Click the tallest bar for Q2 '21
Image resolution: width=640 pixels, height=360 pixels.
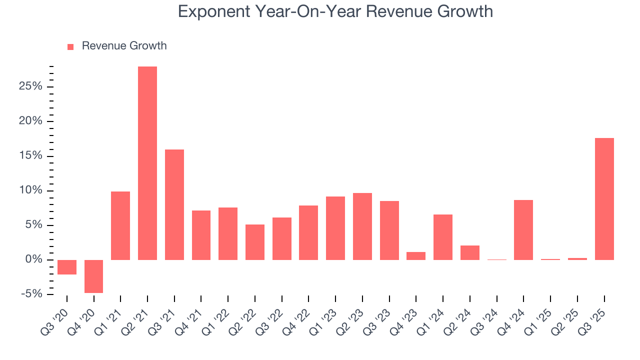coord(147,163)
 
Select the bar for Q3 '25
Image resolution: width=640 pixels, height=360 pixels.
coord(604,198)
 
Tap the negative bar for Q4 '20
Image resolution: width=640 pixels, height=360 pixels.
coord(93,276)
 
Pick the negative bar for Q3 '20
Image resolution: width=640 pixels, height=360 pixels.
coord(67,267)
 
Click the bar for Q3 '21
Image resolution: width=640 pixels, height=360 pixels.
coord(174,204)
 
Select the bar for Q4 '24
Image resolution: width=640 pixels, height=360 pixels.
coord(523,229)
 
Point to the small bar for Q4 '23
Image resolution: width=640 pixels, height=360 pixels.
coord(416,255)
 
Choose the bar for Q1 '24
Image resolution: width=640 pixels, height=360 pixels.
coord(443,237)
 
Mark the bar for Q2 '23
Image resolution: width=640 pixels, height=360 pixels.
coord(362,226)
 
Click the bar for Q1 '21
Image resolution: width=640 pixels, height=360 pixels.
coord(120,225)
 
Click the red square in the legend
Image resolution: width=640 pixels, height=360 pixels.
coord(70,46)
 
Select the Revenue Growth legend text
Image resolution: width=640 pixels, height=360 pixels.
coord(124,46)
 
